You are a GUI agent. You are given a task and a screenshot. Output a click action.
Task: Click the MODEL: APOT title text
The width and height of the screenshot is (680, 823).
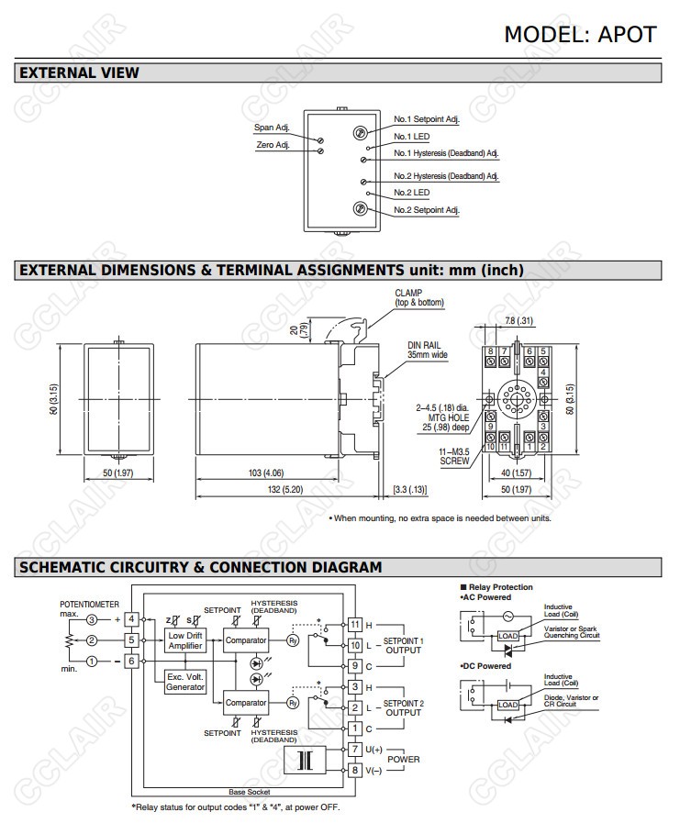[580, 34]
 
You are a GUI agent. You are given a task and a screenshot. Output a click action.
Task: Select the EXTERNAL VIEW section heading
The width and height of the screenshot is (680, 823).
[79, 72]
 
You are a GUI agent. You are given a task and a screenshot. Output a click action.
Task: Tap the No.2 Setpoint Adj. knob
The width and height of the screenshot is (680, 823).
[361, 209]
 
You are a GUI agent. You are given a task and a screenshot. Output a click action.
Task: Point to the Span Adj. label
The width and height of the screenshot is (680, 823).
[272, 128]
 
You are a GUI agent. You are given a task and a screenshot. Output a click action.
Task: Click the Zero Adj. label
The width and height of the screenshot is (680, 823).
[272, 145]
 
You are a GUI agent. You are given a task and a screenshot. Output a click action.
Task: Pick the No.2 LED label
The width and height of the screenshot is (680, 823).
[412, 193]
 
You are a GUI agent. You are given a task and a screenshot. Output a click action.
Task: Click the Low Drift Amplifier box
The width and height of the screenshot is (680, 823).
[184, 640]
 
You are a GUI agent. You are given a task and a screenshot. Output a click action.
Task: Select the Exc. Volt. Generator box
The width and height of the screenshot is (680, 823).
[184, 682]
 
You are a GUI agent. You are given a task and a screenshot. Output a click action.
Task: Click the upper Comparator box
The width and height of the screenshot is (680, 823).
[246, 639]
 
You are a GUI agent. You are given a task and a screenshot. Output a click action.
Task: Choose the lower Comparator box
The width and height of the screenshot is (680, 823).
[246, 703]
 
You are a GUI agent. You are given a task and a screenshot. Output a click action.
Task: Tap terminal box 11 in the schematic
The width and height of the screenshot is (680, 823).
[355, 624]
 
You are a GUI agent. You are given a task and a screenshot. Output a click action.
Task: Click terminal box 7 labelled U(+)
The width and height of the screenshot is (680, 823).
[355, 750]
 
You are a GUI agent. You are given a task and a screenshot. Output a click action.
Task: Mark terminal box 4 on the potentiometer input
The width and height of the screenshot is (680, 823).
[131, 619]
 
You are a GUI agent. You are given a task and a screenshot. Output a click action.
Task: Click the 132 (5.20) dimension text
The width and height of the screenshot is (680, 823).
[286, 490]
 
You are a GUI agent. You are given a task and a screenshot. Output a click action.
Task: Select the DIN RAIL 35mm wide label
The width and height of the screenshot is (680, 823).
[428, 350]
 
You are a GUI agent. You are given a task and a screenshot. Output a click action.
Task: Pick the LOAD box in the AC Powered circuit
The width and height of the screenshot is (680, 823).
[507, 636]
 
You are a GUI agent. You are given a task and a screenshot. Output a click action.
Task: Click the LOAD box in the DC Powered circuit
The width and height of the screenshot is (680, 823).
[507, 705]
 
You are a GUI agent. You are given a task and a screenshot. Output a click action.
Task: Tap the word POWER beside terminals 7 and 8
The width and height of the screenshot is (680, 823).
[404, 760]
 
